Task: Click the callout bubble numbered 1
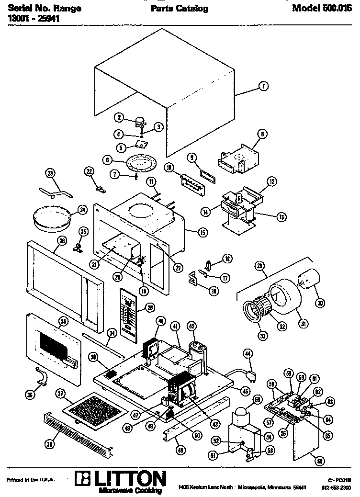pos(263,86)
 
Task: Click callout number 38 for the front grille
pos(49,444)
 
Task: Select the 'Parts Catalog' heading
pos(180,9)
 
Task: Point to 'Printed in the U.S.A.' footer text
pos(31,480)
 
